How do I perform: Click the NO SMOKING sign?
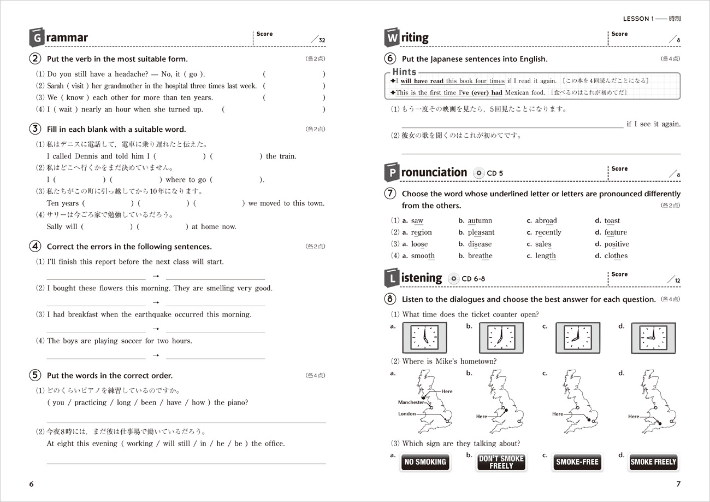[425, 462]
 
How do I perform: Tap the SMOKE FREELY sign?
[653, 462]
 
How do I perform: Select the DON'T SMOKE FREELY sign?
[501, 462]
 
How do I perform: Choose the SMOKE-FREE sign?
[577, 462]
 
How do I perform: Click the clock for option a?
[424, 337]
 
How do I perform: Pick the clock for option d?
[654, 337]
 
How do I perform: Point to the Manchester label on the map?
[411, 402]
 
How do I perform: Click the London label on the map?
[407, 414]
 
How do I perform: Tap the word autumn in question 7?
[480, 221]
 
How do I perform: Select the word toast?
[612, 221]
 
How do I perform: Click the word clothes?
[616, 256]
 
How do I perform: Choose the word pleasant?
[481, 232]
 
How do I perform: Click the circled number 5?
[35, 375]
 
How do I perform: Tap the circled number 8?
[390, 299]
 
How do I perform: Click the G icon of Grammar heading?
[37, 38]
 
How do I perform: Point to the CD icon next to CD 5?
[479, 173]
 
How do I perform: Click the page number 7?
[678, 484]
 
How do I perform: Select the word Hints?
[404, 72]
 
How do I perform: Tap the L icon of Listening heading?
[392, 278]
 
